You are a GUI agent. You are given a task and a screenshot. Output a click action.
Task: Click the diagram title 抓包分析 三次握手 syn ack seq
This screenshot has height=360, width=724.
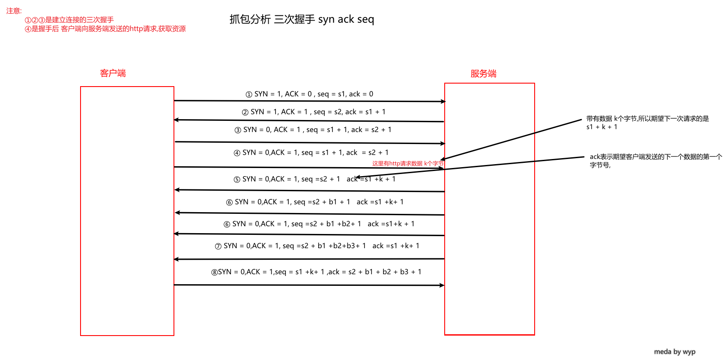click(302, 19)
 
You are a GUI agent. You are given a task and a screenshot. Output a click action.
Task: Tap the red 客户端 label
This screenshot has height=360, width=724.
click(113, 73)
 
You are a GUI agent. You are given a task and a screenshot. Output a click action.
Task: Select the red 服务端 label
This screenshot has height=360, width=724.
click(483, 74)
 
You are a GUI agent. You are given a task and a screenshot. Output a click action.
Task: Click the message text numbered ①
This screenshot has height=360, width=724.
click(309, 94)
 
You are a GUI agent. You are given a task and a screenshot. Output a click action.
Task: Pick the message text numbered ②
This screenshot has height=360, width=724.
click(314, 112)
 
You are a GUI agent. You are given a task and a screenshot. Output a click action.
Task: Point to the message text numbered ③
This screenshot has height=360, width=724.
click(313, 130)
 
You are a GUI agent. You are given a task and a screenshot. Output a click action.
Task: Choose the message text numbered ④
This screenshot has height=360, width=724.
click(311, 152)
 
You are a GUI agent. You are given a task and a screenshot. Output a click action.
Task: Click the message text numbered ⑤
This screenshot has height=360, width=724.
click(314, 179)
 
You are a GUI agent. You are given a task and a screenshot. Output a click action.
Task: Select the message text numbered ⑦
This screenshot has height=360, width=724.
click(317, 246)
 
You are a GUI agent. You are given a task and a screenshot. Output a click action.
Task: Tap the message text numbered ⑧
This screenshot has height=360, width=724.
click(316, 272)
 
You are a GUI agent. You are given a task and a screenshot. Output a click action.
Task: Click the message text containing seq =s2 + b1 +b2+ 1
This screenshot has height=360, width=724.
click(319, 224)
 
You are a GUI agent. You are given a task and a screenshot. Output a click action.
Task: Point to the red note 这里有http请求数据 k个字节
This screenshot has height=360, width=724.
click(408, 163)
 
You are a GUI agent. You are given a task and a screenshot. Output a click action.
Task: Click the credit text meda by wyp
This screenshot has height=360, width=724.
click(675, 351)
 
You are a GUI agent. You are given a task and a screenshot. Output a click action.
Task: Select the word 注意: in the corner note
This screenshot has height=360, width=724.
click(14, 11)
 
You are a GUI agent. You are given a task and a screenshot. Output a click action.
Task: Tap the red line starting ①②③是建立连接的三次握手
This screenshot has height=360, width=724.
click(69, 20)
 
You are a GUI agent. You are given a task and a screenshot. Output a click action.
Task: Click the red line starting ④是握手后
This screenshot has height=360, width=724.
click(105, 29)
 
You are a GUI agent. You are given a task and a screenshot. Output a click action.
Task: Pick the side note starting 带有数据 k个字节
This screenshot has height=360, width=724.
click(648, 123)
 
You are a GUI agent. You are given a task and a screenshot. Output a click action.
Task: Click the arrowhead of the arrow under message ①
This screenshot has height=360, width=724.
click(443, 102)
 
